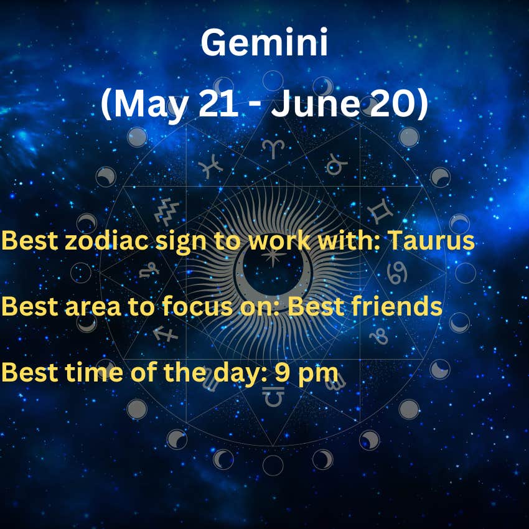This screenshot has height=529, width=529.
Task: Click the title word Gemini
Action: pos(264,42)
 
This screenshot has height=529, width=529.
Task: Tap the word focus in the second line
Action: pos(197,306)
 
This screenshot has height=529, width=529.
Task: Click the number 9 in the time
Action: pos(283,372)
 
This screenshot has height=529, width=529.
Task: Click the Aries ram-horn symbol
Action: pos(273,149)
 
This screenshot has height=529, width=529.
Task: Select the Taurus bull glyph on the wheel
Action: pos(336,165)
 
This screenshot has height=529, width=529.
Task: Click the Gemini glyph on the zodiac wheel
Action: pos(380,212)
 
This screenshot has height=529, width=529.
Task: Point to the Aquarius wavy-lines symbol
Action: pos(167,212)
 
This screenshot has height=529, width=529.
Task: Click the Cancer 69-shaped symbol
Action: pos(397,273)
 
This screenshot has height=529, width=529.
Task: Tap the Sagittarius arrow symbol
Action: pos(165,334)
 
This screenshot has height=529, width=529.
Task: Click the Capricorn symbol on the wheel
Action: pos(149,270)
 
